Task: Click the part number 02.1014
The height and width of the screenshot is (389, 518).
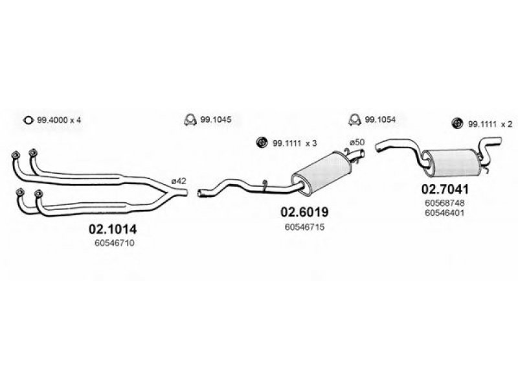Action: point(112,229)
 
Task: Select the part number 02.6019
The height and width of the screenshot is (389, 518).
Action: point(304,212)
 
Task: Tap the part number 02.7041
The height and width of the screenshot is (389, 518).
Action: point(445,189)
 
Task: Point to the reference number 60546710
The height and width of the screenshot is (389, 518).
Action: point(115,243)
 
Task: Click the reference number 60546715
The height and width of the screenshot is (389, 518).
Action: point(304,227)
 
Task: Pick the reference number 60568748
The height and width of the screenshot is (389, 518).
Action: point(444,202)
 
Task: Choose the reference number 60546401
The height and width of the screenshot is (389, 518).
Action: point(444,213)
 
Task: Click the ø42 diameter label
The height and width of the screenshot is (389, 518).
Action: point(179,181)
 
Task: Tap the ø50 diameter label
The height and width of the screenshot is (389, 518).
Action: point(357,142)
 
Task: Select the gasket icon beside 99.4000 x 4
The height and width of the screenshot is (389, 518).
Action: point(28,120)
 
